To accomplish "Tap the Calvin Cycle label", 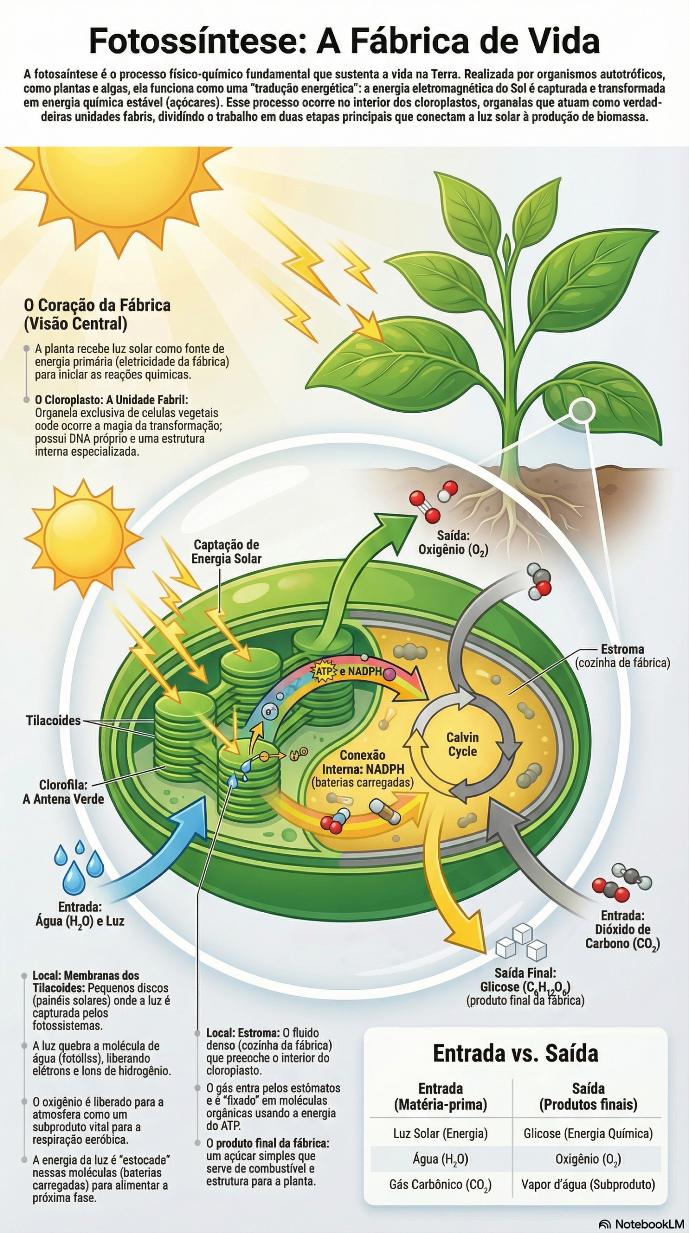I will point(462,744).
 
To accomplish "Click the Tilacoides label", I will point(53,721).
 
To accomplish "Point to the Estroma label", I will point(622,649).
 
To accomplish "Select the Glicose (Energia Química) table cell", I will point(588,1133).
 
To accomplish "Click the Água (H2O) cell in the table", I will point(440,1159).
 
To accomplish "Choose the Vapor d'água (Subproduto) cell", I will point(588,1184).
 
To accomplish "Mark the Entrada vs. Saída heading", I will point(515,1053).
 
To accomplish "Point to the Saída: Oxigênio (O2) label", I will point(453,543).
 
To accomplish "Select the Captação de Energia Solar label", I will point(226,551).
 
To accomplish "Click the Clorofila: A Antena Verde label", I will point(63,792).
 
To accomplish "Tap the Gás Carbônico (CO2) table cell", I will point(440,1185).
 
